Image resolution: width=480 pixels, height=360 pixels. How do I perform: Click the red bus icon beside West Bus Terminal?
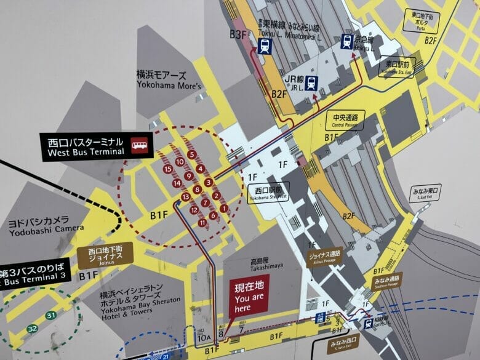coord(139,146)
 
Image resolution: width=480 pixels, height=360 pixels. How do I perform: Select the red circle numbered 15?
coord(167,169)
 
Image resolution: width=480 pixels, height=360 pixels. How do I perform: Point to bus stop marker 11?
coord(202,222)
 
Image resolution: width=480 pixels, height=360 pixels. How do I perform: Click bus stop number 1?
coord(223,209)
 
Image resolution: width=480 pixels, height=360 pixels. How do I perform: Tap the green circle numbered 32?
coord(31,330)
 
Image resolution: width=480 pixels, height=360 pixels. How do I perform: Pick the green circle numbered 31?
coord(51,316)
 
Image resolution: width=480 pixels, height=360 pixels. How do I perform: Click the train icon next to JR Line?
coord(311,82)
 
